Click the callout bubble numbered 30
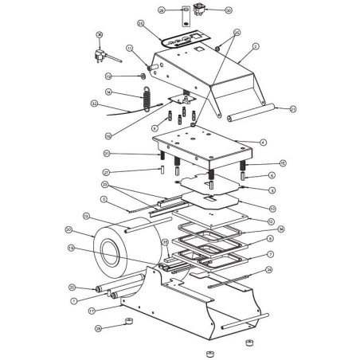[x=206, y=11]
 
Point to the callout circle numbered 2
[x=256, y=47]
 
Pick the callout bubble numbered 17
[x=92, y=310]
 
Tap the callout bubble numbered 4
[x=261, y=143]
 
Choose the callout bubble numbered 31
[x=106, y=154]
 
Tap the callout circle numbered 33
[x=94, y=104]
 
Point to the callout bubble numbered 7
[x=270, y=254]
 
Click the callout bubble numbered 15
[x=272, y=163]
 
